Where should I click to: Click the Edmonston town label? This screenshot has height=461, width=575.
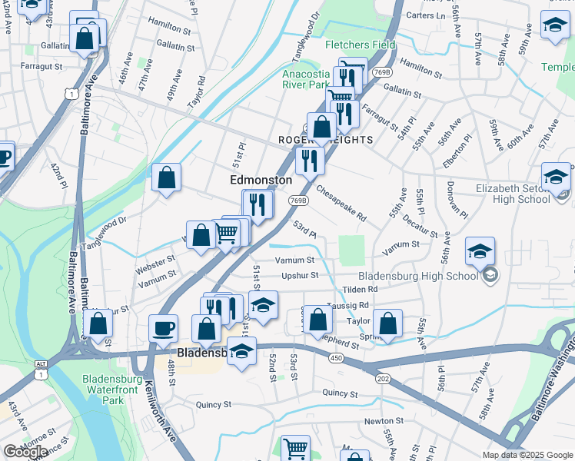pyautogui.click(x=261, y=180)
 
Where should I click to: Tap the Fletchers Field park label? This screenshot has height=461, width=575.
pyautogui.click(x=360, y=45)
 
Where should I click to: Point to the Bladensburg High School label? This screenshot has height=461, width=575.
pyautogui.click(x=418, y=277)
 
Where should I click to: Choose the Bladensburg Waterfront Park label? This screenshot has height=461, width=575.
pyautogui.click(x=112, y=390)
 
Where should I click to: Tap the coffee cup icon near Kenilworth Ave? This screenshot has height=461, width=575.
pyautogui.click(x=162, y=328)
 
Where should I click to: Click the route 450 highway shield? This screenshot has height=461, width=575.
pyautogui.click(x=335, y=358)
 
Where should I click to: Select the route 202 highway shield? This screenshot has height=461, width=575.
pyautogui.click(x=383, y=379)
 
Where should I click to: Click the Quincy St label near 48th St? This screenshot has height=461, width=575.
pyautogui.click(x=214, y=404)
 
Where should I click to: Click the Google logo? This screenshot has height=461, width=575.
pyautogui.click(x=25, y=452)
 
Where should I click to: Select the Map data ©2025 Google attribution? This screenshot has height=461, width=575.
pyautogui.click(x=527, y=455)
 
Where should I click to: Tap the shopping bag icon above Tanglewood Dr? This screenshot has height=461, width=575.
pyautogui.click(x=166, y=178)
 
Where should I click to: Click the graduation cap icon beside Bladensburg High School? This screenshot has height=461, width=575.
pyautogui.click(x=479, y=252)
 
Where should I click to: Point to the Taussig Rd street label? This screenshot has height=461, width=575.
pyautogui.click(x=347, y=305)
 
